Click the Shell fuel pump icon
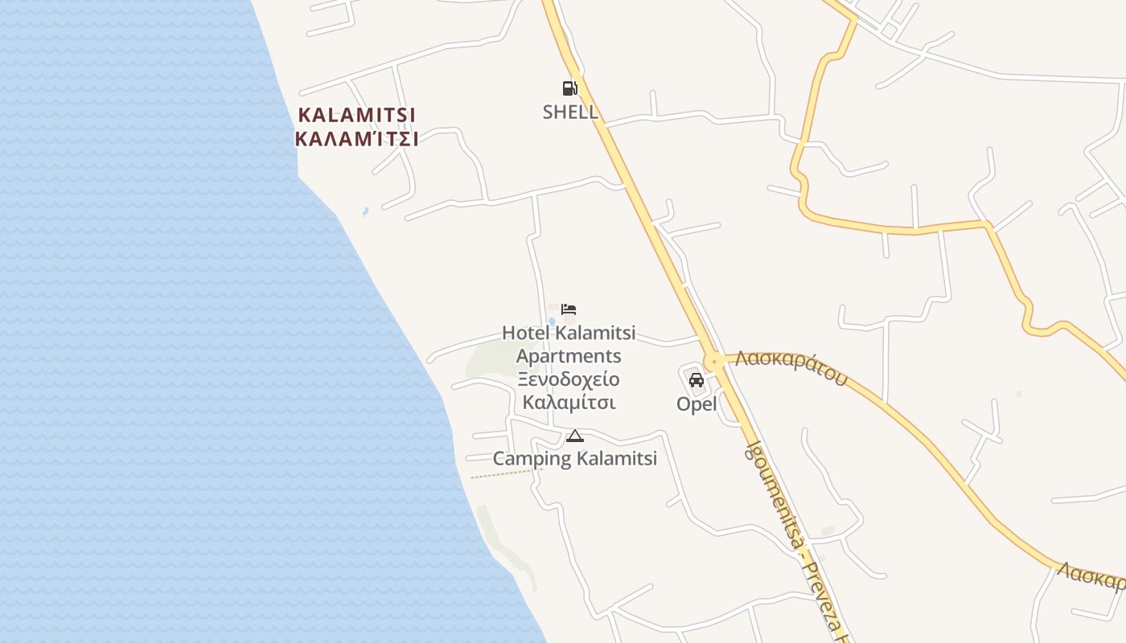(x=569, y=88)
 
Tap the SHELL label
(x=570, y=112)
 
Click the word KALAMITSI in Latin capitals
(x=356, y=115)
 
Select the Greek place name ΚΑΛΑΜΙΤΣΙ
(x=356, y=139)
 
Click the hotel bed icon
(x=569, y=309)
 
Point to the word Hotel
(x=525, y=333)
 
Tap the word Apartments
(x=569, y=356)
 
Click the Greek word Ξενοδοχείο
(x=569, y=379)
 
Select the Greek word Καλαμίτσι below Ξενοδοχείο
(x=569, y=402)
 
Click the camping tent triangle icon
(x=574, y=436)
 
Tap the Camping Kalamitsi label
(x=574, y=459)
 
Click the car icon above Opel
(x=697, y=380)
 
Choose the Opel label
(x=697, y=404)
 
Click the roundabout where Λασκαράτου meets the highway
(x=712, y=361)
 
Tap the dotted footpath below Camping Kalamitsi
(x=500, y=474)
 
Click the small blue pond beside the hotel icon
(x=552, y=321)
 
